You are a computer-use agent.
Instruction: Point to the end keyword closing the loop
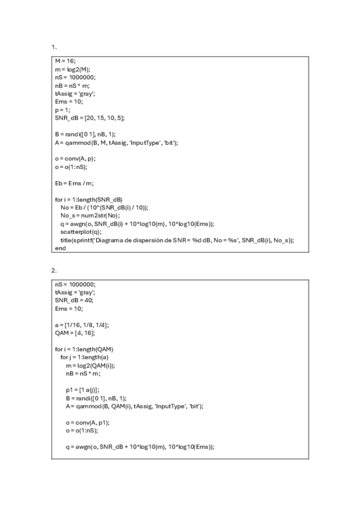[60, 247]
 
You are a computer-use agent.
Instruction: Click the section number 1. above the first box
[54, 46]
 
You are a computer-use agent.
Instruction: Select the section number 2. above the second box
[54, 270]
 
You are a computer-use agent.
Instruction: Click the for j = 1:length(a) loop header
[84, 357]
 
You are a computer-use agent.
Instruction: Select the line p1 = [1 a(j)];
[83, 390]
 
